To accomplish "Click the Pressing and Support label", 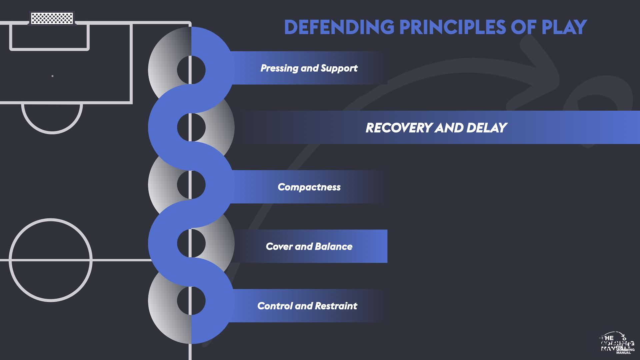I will tap(309, 68).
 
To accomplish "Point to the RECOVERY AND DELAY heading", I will tap(436, 128).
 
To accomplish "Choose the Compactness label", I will tap(309, 187).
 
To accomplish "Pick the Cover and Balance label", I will tap(309, 247).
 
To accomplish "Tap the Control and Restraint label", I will tap(307, 306).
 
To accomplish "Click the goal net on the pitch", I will tap(52, 18).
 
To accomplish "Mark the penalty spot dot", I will tap(52, 76).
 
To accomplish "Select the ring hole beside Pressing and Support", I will tap(191, 70).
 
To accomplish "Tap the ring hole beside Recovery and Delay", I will tap(191, 127).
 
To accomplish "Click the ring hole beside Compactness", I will tap(191, 185).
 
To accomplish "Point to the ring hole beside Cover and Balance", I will tap(191, 243).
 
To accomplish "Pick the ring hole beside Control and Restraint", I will tap(191, 300).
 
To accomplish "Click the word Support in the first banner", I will tap(339, 68).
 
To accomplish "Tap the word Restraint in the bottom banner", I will tap(336, 306).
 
